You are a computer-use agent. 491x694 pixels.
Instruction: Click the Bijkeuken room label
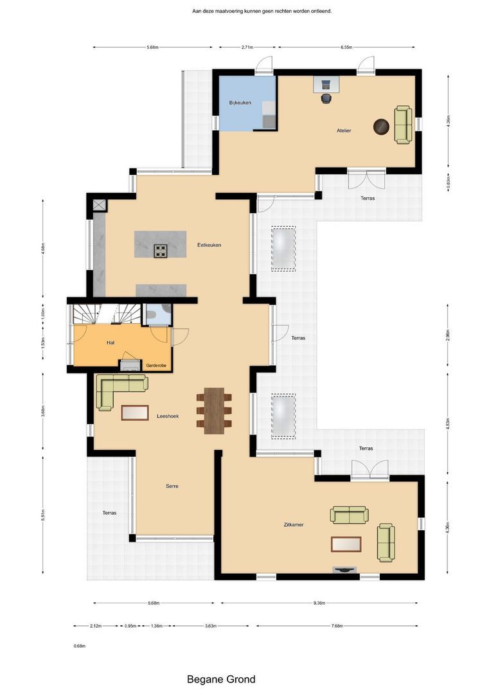pyautogui.click(x=240, y=103)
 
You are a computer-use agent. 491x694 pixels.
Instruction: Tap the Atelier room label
pyautogui.click(x=344, y=130)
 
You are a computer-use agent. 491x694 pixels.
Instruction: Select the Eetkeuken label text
pyautogui.click(x=209, y=245)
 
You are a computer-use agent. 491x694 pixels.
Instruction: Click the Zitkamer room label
pyautogui.click(x=292, y=525)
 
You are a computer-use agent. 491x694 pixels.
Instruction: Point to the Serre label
pyautogui.click(x=172, y=486)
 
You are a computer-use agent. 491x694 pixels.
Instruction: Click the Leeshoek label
pyautogui.click(x=168, y=416)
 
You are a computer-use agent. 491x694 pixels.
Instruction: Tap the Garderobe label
pyautogui.click(x=156, y=365)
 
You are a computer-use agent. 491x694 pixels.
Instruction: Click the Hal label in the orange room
pyautogui.click(x=110, y=343)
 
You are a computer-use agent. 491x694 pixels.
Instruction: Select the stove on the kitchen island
pyautogui.click(x=160, y=251)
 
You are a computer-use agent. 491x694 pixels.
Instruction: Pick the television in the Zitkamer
pyautogui.click(x=344, y=569)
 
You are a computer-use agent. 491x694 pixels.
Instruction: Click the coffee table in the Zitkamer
pyautogui.click(x=347, y=544)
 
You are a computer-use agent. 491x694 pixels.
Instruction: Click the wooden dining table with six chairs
pyautogui.click(x=214, y=411)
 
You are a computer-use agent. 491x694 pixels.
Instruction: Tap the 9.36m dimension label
pyautogui.click(x=319, y=603)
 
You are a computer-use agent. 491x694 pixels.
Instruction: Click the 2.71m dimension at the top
pyautogui.click(x=247, y=48)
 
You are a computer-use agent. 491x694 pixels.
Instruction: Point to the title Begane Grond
pyautogui.click(x=221, y=679)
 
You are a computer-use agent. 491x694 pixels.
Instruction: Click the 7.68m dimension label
pyautogui.click(x=337, y=627)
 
